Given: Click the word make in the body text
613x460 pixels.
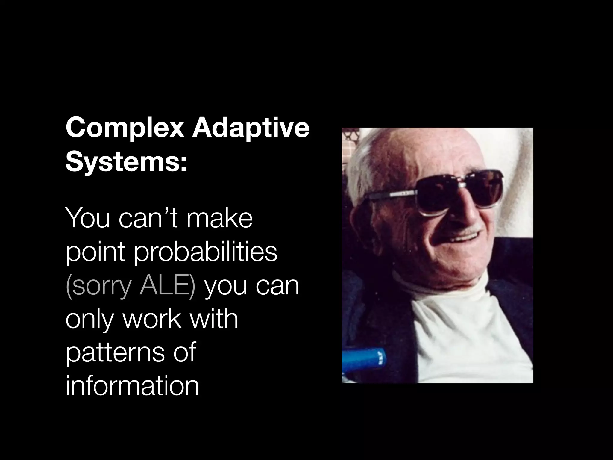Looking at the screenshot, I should tap(219, 219).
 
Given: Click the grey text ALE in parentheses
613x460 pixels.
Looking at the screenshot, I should tap(167, 286).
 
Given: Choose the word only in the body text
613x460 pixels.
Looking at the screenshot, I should tap(90, 320).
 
